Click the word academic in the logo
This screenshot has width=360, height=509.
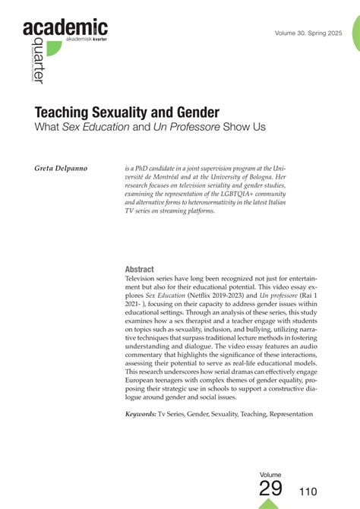65,29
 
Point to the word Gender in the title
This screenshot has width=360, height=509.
193,112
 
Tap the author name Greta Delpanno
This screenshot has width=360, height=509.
60,166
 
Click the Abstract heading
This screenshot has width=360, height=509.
139,270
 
